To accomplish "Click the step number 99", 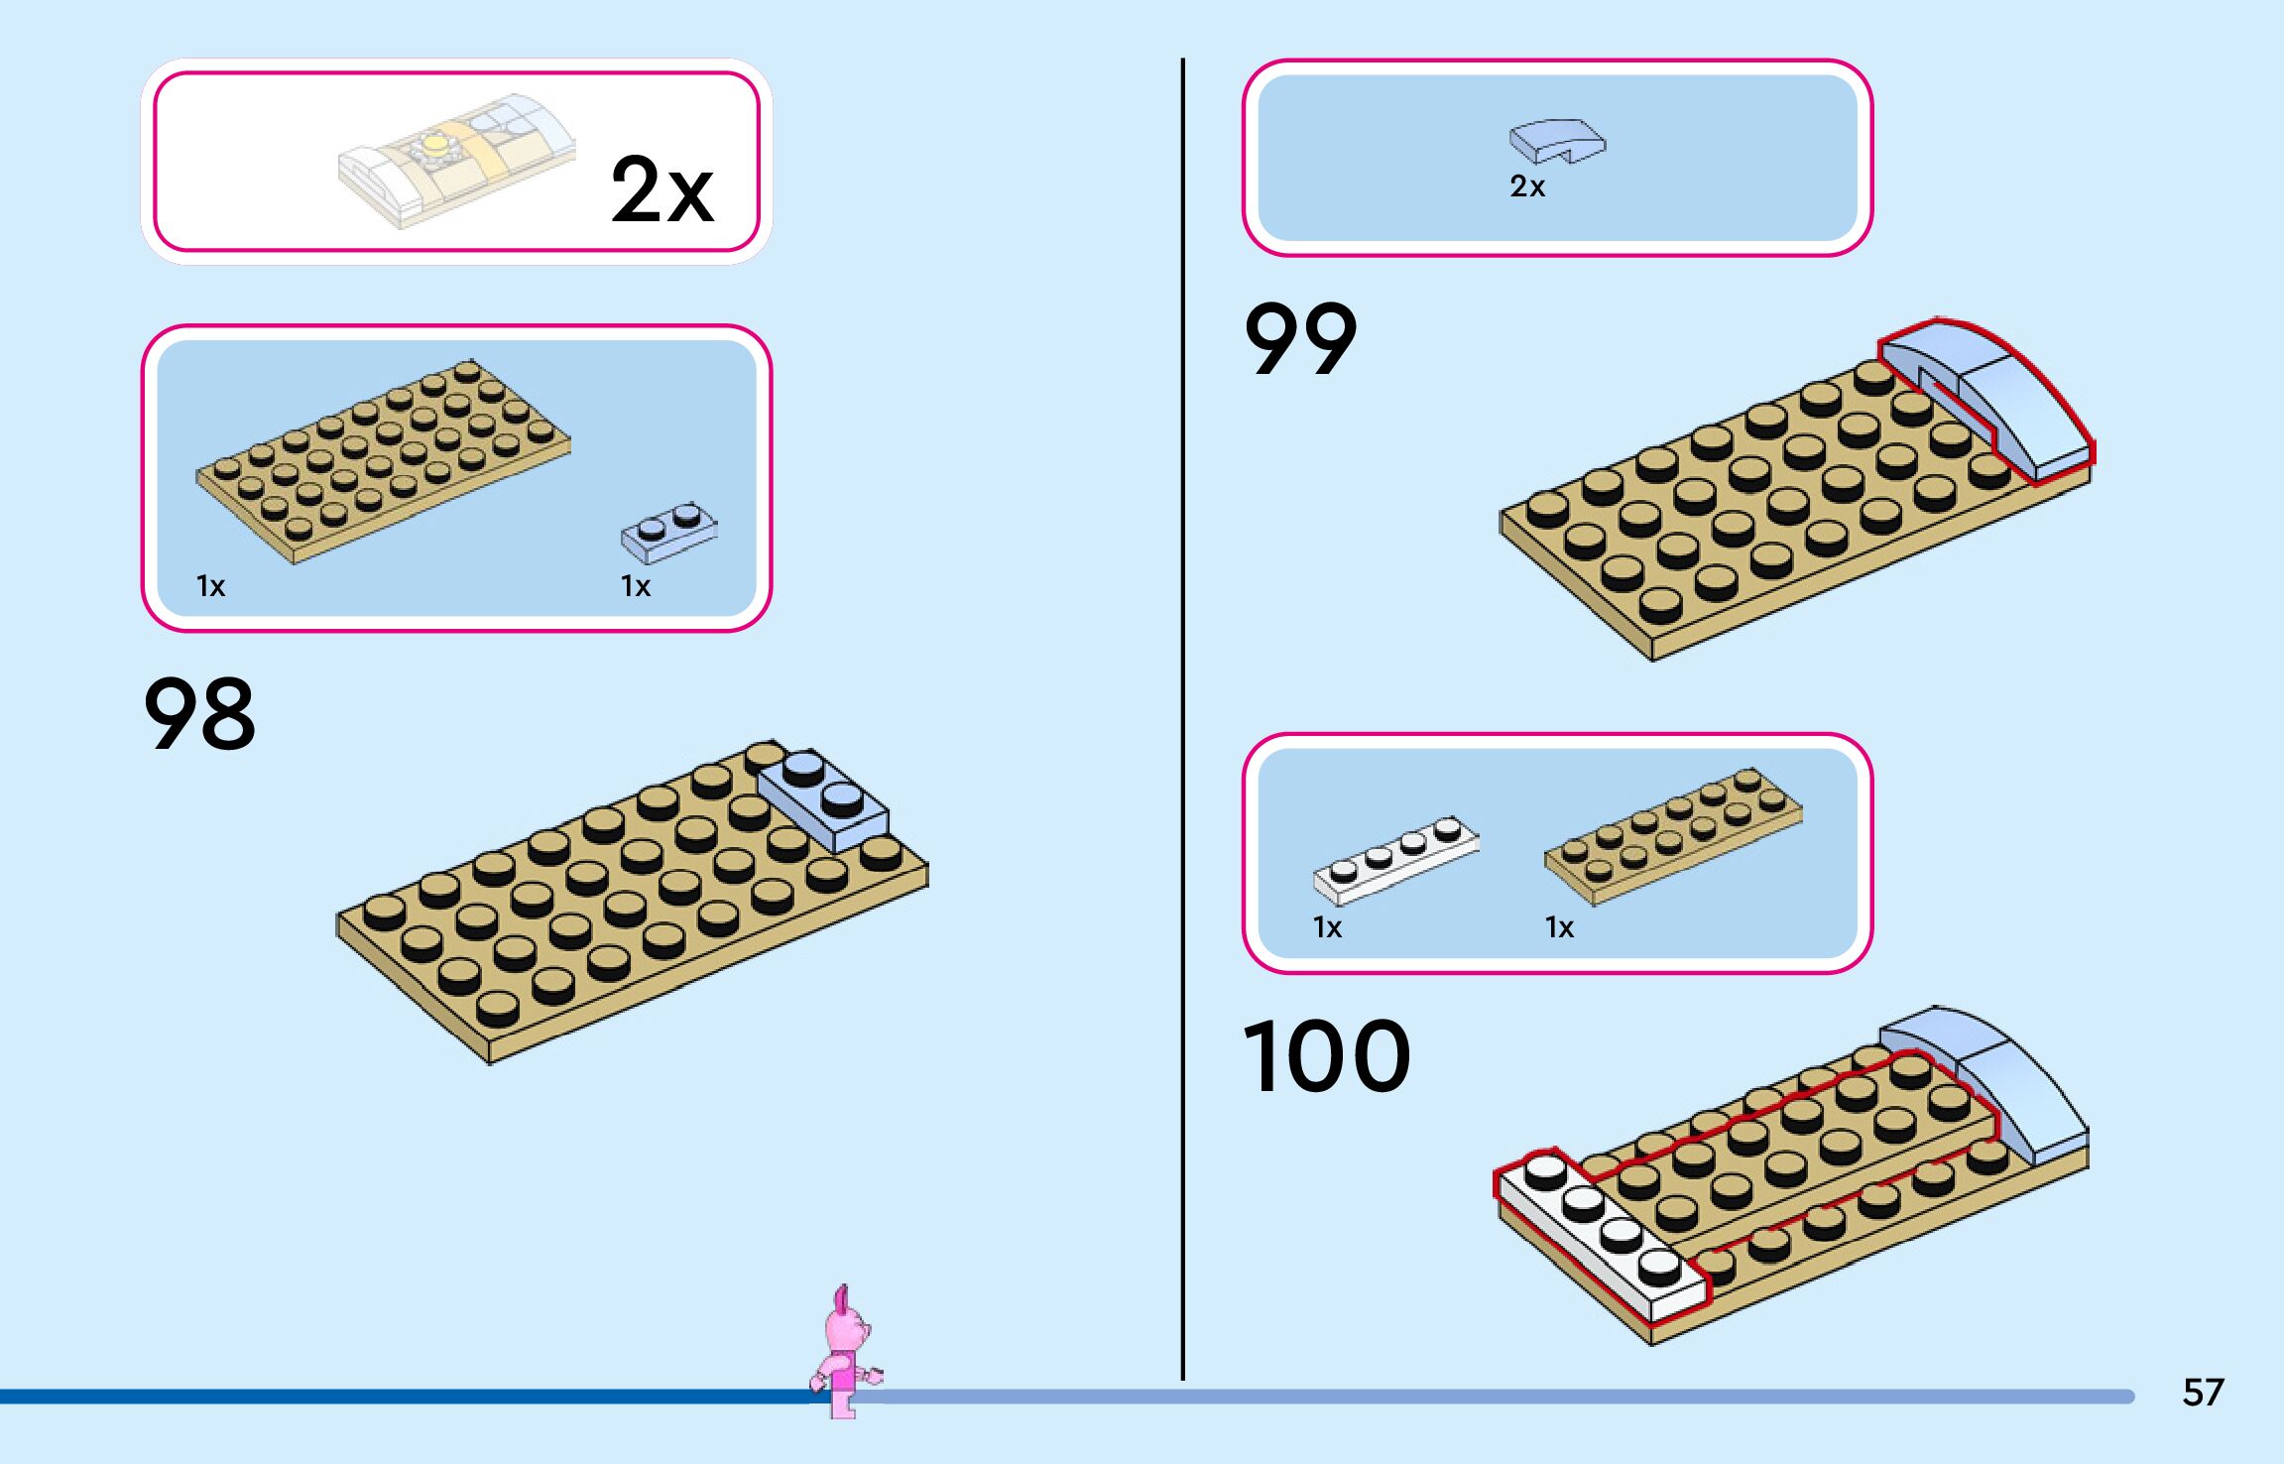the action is (x=1299, y=339).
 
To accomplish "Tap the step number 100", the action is (x=1326, y=1057).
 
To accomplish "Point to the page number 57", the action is (x=2203, y=1393).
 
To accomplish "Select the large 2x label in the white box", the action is (x=661, y=189).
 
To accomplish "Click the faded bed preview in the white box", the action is (x=456, y=161).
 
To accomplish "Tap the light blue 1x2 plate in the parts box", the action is (x=669, y=531).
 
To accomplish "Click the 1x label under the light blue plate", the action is (x=636, y=587).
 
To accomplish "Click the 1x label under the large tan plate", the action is (x=211, y=587).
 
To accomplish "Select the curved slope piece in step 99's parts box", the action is (x=1556, y=141).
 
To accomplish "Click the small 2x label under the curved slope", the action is (x=1527, y=186).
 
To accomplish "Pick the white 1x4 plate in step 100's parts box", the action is (x=1395, y=859).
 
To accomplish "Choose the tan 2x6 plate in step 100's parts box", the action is (x=1673, y=836).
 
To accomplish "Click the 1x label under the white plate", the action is (x=1327, y=927).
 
